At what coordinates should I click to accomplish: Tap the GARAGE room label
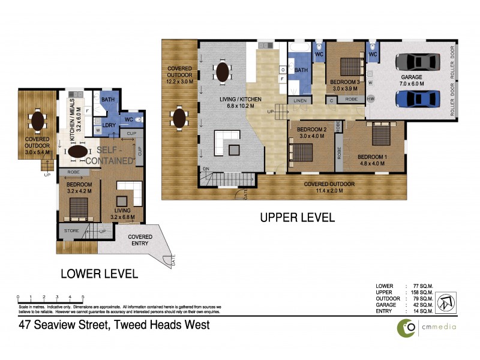tap(412, 77)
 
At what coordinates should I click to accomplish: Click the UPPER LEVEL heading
tap(297, 218)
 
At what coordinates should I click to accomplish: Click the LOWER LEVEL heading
tap(100, 274)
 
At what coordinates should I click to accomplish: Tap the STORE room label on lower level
tap(73, 231)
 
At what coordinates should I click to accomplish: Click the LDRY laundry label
tap(109, 124)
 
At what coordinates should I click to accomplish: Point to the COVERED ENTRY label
tap(140, 241)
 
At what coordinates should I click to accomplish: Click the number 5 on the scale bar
tap(83, 297)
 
